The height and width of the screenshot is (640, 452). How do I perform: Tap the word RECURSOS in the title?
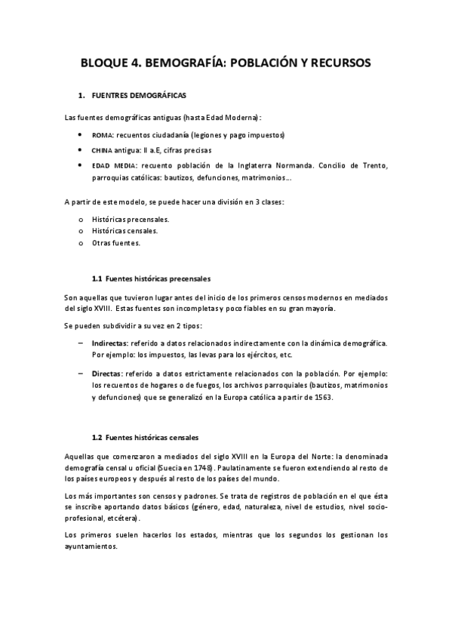pos(337,63)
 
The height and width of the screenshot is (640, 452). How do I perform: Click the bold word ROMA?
pos(101,135)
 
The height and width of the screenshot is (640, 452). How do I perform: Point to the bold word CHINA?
pos(103,150)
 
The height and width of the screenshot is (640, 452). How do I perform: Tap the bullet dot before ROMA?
pos(81,135)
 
